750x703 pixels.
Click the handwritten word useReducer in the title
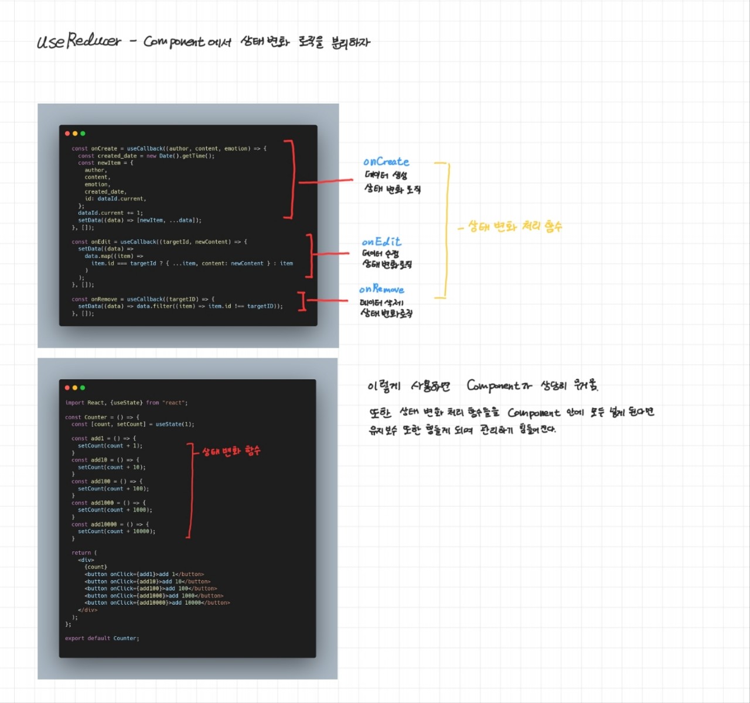[79, 41]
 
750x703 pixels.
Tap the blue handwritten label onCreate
[386, 162]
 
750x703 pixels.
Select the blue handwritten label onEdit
[381, 242]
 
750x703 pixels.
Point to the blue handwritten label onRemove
[381, 289]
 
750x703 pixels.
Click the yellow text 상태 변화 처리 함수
[514, 227]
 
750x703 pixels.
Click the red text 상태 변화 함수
[231, 451]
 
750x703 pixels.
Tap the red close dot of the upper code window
[67, 133]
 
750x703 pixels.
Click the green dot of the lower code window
[83, 387]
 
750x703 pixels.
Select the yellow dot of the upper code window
[75, 133]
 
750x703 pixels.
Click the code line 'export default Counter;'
[102, 638]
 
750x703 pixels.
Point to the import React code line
[126, 403]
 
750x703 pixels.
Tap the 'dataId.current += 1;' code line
[110, 213]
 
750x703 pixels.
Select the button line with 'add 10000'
[157, 603]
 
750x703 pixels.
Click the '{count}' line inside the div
[96, 567]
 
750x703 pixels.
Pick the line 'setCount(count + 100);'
[113, 489]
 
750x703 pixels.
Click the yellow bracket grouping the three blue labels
[448, 228]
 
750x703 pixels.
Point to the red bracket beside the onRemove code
[302, 301]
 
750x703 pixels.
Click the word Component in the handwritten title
[174, 42]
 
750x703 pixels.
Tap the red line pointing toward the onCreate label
[326, 181]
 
